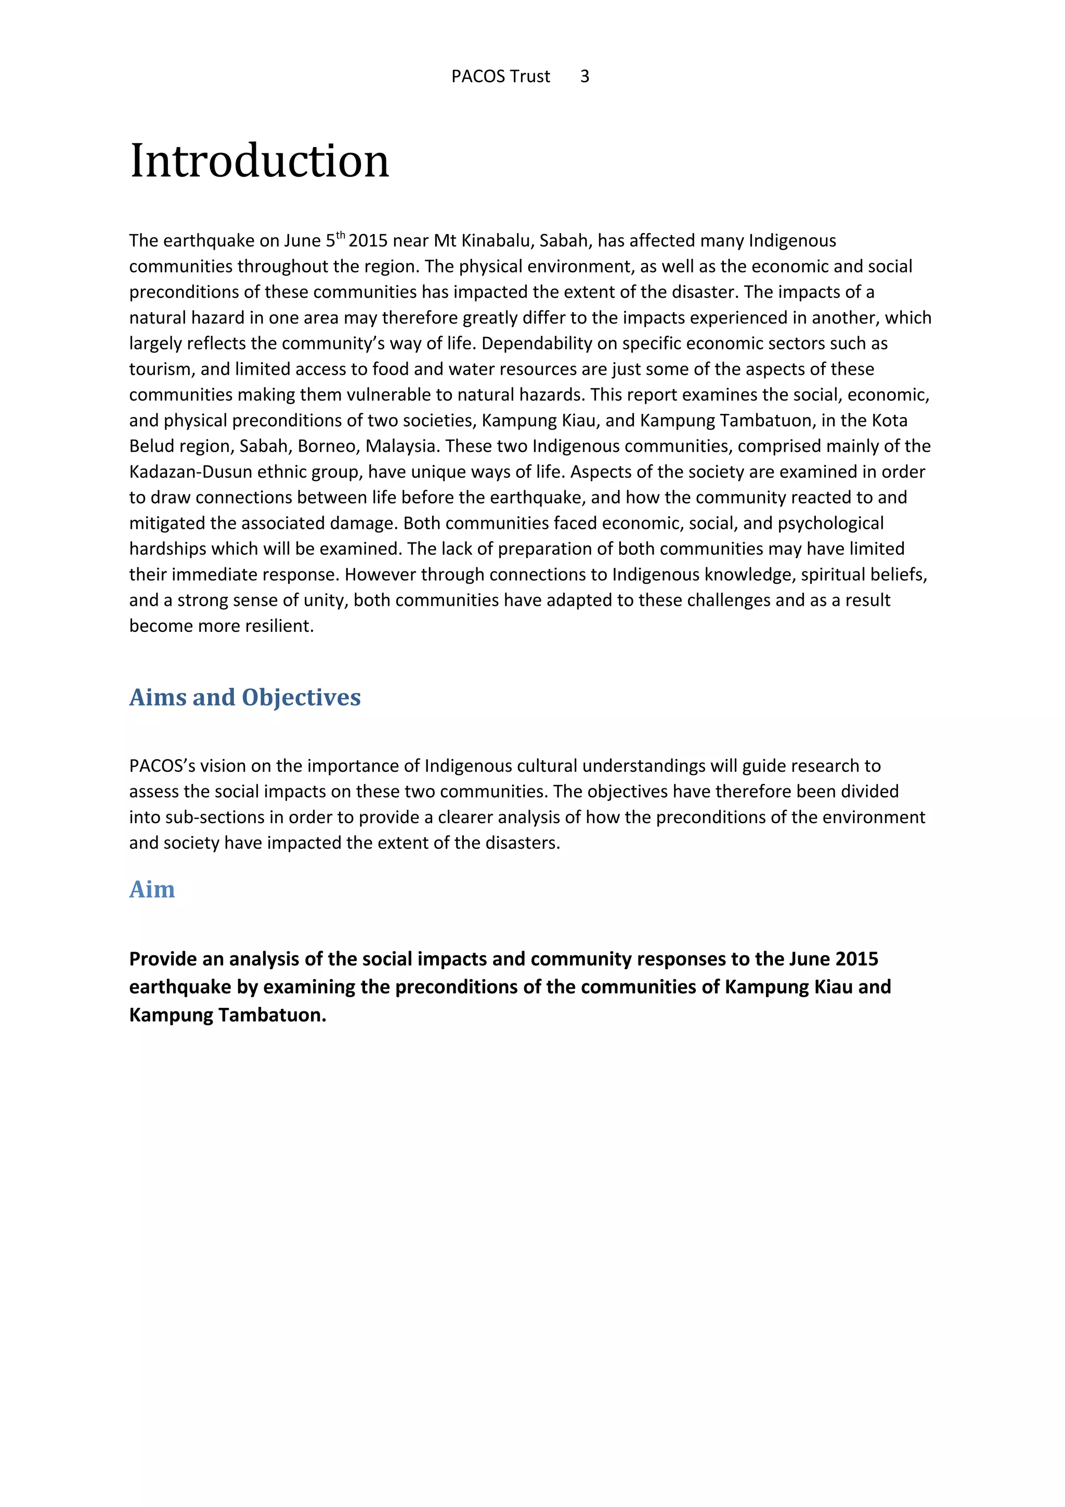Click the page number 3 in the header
click(584, 77)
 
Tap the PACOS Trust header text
click(500, 77)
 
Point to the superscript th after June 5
click(340, 235)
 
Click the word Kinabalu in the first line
click(497, 241)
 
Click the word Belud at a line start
click(148, 446)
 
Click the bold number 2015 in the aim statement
click(852, 959)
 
